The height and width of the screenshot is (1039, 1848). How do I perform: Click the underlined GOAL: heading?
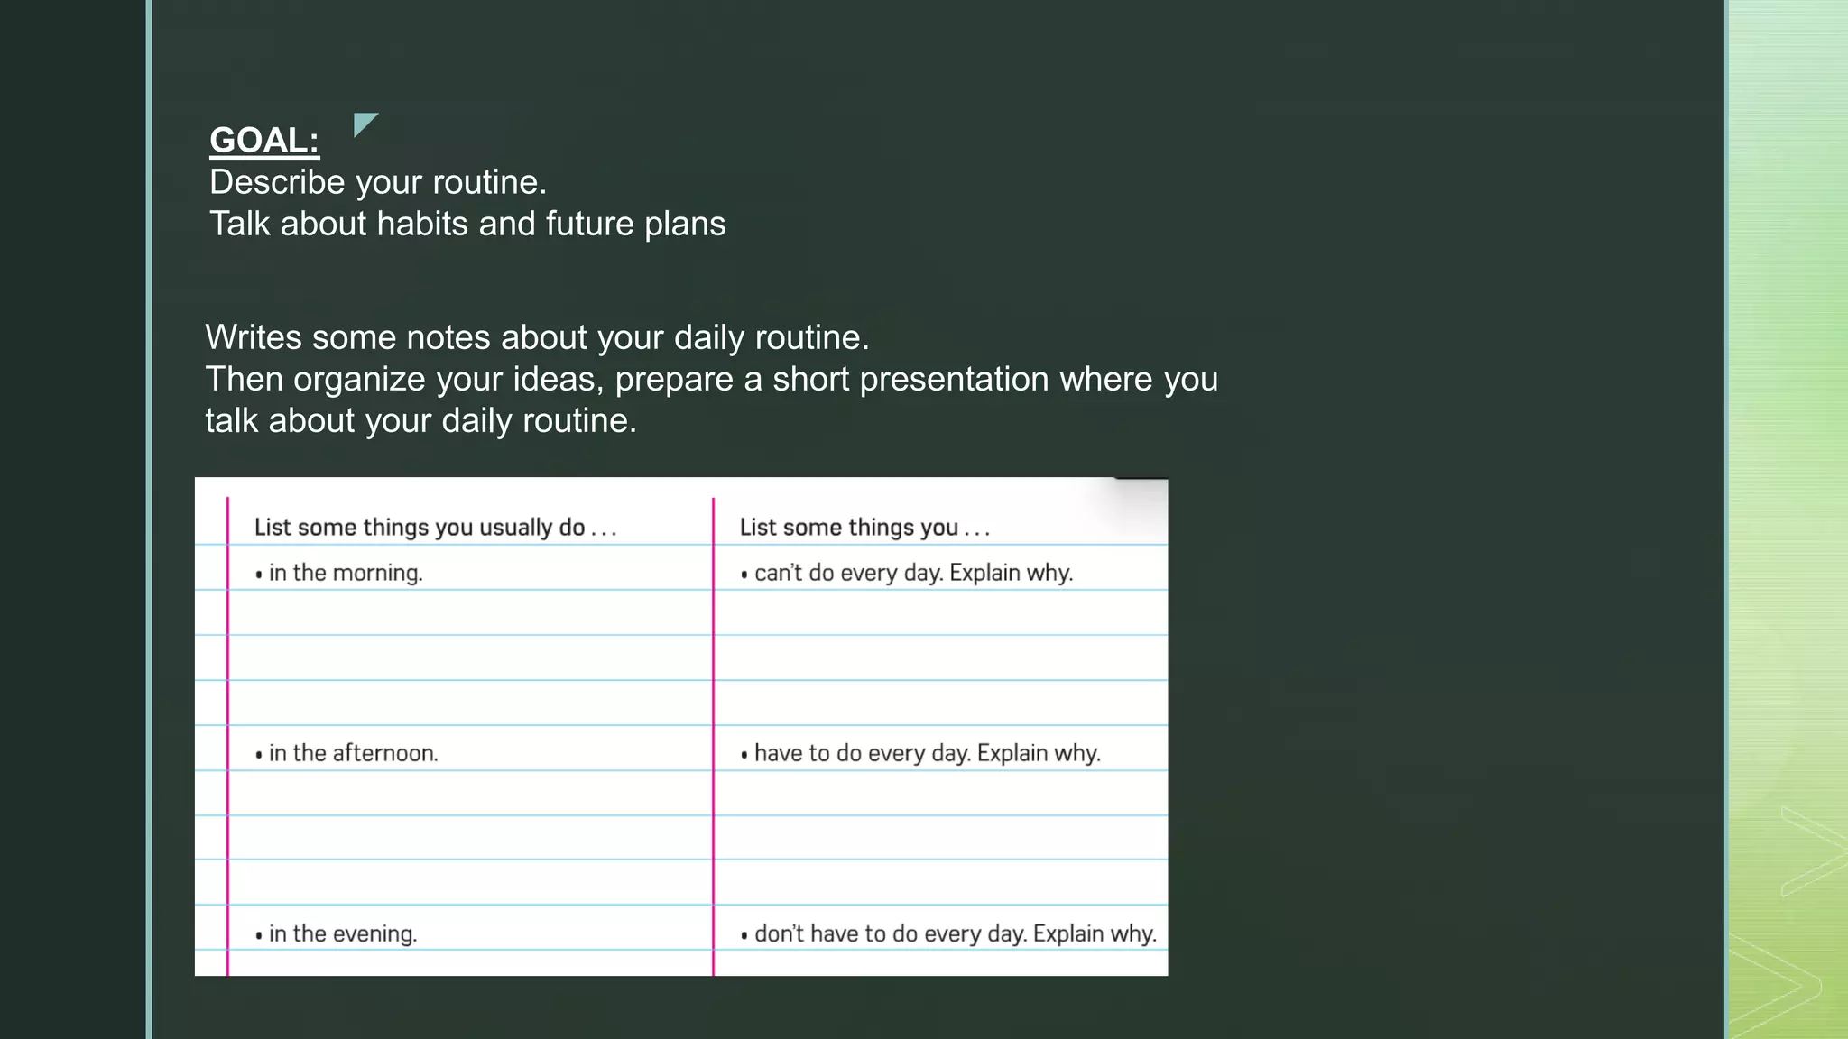[x=264, y=141]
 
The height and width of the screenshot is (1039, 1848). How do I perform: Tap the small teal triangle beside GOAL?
[x=364, y=124]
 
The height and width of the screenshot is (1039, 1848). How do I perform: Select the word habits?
[x=422, y=224]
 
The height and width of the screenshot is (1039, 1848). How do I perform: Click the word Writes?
[x=254, y=337]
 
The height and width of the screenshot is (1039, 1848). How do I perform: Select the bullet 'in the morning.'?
[x=339, y=573]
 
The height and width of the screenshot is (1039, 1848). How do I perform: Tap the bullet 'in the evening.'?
[x=337, y=933]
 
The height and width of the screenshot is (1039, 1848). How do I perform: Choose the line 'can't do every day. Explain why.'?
[x=907, y=573]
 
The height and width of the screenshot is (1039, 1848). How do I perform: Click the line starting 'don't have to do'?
[x=948, y=933]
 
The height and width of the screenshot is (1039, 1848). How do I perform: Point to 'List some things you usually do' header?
[x=435, y=528]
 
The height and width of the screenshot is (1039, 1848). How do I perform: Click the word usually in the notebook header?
[x=515, y=529]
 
